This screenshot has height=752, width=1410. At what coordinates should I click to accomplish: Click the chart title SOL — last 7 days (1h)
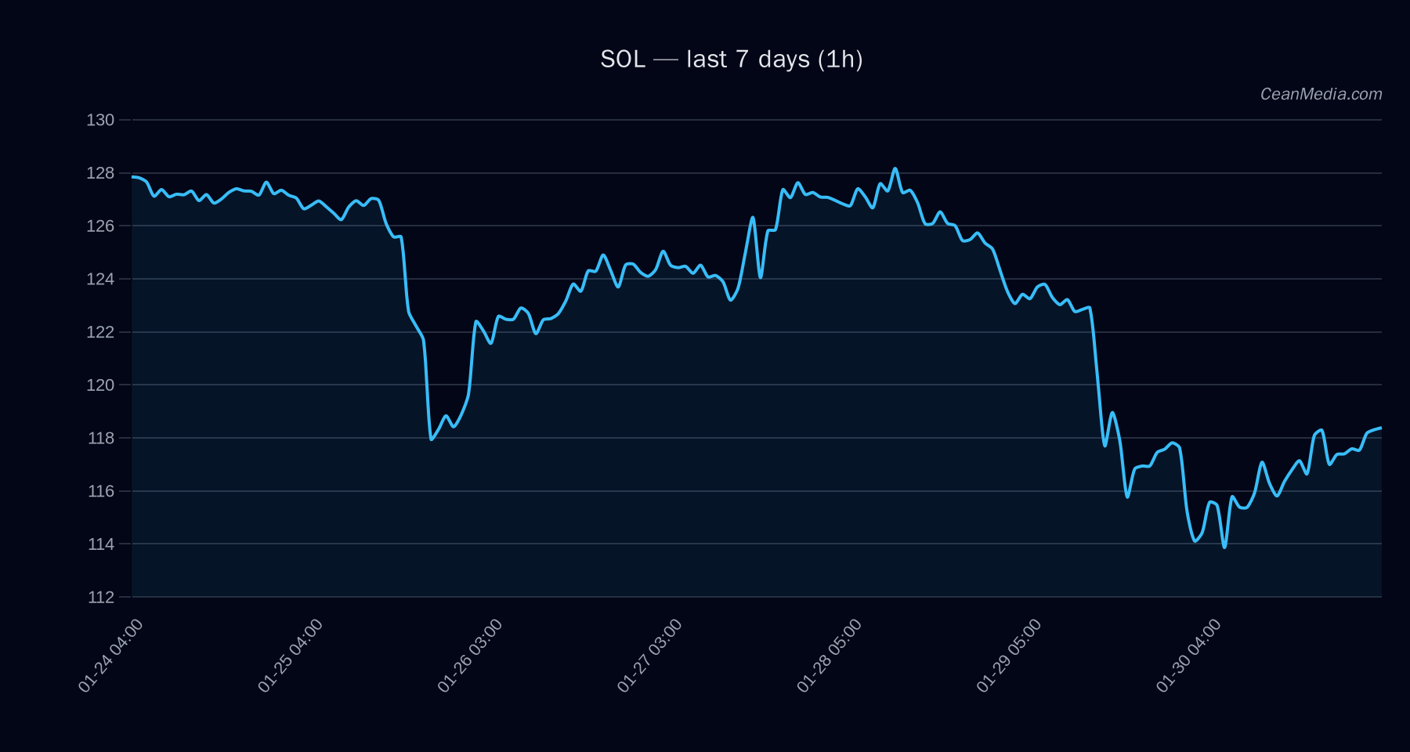point(731,60)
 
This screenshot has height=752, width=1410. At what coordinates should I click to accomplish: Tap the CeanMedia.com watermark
point(1321,94)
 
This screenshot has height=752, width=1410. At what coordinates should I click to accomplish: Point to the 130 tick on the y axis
point(100,120)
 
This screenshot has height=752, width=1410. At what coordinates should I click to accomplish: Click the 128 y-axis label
point(100,173)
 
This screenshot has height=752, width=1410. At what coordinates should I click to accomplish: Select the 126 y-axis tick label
point(100,226)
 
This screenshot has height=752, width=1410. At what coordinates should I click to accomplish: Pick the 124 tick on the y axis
point(100,279)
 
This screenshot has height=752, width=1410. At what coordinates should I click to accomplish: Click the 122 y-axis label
point(100,332)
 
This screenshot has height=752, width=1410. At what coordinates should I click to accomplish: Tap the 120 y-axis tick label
point(100,385)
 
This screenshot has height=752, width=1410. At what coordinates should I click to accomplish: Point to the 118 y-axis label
point(100,438)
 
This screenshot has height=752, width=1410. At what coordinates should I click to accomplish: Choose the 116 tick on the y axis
point(100,491)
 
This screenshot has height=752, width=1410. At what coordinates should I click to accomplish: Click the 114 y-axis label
point(100,544)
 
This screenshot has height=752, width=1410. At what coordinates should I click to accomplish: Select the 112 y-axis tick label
point(100,597)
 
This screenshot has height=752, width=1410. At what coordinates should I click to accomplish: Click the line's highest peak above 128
point(895,168)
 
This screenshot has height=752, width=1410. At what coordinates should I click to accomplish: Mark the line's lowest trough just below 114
point(1224,547)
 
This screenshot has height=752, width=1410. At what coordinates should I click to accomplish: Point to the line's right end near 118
point(1380,428)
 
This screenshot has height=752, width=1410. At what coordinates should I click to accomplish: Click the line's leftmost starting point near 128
point(132,177)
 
